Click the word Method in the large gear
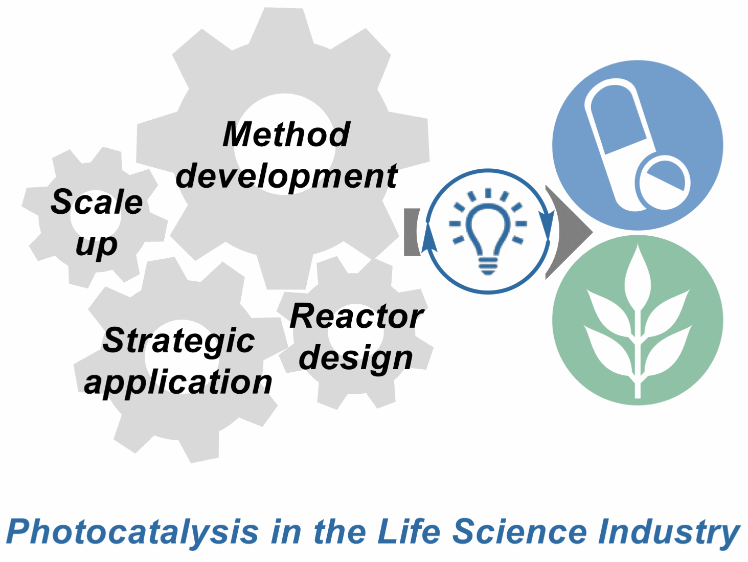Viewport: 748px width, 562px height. [x=286, y=134]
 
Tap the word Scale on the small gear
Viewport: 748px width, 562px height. [x=97, y=202]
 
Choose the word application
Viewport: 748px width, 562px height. [x=178, y=384]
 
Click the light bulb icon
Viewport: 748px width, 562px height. [x=488, y=232]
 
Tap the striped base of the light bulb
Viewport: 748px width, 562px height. [x=488, y=266]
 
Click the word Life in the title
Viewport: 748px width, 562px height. [x=409, y=532]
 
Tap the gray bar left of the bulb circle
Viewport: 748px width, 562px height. [x=411, y=232]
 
